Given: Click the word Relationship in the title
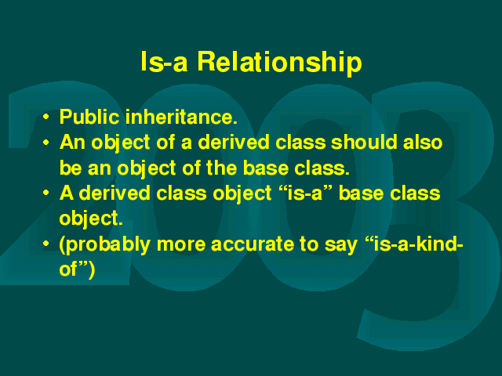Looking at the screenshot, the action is tap(279, 62).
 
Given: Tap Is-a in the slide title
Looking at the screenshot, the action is tap(164, 62).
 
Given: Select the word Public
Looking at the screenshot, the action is tap(89, 117).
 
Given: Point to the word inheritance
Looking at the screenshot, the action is tap(181, 117).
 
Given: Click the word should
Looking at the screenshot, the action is tap(365, 142).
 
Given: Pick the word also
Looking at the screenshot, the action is tap(423, 142).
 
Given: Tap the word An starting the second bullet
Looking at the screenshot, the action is tap(73, 142).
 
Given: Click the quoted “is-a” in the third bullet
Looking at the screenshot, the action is tap(305, 193).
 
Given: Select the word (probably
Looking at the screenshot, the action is tap(104, 245).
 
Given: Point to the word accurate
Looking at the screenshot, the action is tap(252, 244).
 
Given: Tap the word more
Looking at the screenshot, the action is tap(181, 245).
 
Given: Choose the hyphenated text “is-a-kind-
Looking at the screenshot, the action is tap(414, 244).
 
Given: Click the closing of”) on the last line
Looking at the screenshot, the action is tap(77, 269).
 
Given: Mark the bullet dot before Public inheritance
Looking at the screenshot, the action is tap(46, 117).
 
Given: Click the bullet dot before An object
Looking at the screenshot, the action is tap(46, 143).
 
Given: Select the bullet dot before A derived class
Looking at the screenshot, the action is tap(46, 193).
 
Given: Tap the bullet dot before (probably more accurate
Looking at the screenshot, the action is tap(46, 244).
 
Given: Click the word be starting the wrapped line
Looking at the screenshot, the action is tap(71, 168).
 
